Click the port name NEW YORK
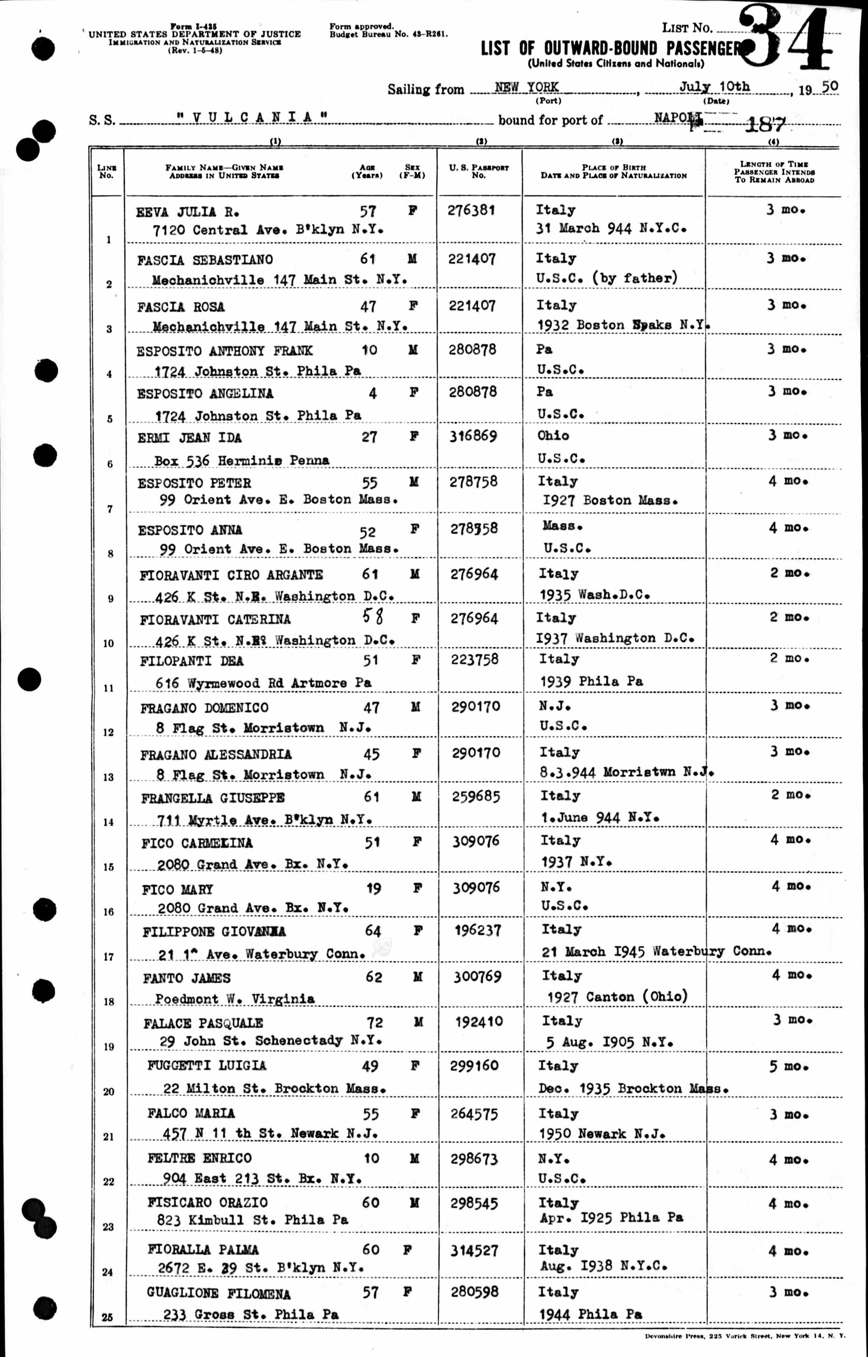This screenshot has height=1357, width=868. coord(527,87)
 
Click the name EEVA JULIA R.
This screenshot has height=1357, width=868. coord(188,212)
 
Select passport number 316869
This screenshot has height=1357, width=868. coord(473,436)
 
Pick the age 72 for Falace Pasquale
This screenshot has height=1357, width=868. coord(374,1022)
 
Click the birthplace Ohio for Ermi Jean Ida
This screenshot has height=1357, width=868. coord(553,436)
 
